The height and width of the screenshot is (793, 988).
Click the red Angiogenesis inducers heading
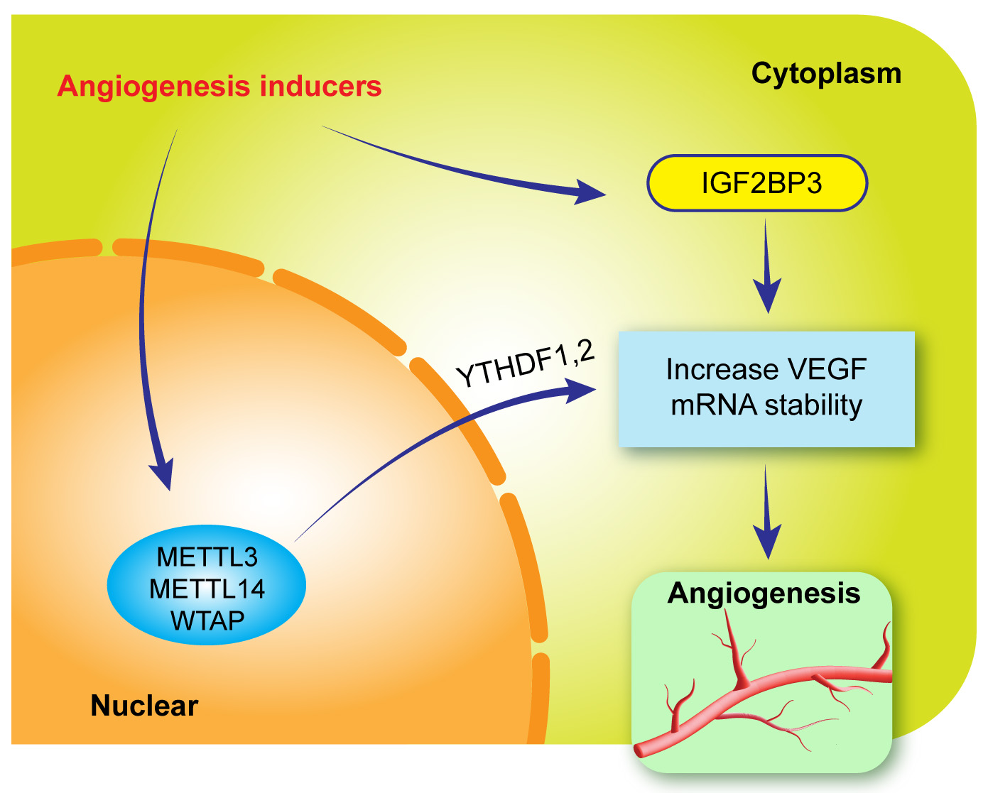tap(219, 87)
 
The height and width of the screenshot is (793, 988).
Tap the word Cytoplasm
tap(826, 74)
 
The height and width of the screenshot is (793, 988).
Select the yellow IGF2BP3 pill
tap(757, 183)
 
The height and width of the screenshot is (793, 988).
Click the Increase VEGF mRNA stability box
tap(766, 388)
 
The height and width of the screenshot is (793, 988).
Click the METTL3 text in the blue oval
tap(207, 557)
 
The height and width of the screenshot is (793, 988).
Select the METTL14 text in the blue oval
tap(207, 589)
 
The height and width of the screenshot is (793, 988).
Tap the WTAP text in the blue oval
tap(207, 621)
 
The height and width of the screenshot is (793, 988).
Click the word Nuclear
tap(144, 706)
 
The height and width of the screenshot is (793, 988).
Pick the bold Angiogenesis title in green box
tap(764, 594)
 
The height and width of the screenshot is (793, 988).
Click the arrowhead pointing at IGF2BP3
tap(590, 192)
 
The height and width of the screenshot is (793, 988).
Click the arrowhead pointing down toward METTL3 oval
tap(162, 474)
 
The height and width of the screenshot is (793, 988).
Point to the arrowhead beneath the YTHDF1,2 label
tap(579, 390)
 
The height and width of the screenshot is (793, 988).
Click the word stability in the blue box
tap(813, 405)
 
